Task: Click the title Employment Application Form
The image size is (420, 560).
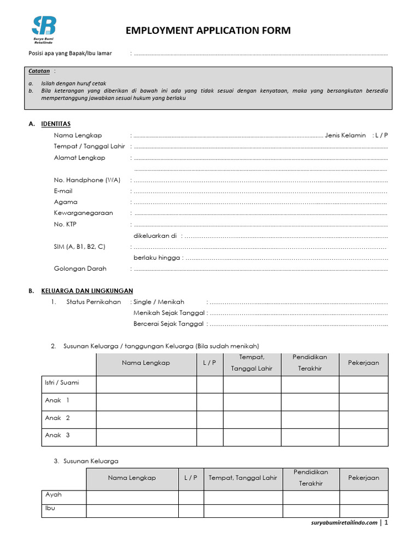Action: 208,31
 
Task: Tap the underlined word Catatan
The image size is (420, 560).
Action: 39,71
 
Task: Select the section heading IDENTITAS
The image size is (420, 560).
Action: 56,124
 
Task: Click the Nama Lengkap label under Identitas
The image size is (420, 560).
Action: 78,135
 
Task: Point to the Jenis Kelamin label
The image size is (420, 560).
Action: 345,135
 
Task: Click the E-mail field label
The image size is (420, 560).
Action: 63,191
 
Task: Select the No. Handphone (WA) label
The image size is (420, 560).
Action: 87,180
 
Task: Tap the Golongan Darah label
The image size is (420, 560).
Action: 80,269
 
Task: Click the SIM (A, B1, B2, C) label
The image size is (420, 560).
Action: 79,247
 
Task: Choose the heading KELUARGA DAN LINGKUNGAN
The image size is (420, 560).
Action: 87,291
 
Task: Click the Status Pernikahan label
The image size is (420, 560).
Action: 94,302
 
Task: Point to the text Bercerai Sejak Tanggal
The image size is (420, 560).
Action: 168,324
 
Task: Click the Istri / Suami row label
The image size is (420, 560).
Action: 62,383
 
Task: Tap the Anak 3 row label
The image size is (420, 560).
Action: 57,435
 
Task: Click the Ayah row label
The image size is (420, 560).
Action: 53,495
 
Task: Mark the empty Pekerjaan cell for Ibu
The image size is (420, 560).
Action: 364,511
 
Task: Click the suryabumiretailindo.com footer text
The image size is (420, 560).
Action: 343,523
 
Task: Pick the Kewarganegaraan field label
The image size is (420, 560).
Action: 83,213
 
